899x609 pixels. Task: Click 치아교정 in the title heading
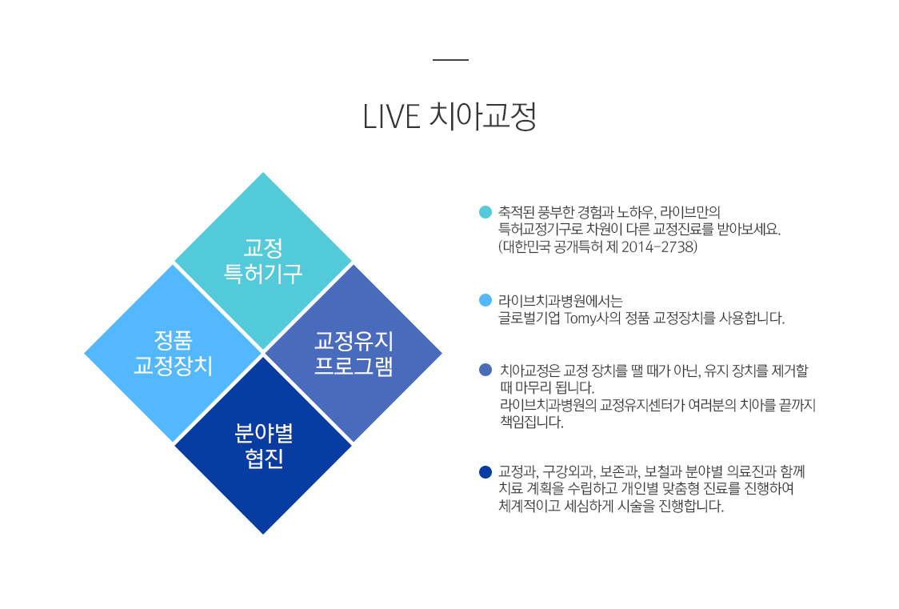pos(483,116)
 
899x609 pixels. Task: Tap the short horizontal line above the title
pos(450,59)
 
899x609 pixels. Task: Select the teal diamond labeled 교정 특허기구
pos(263,261)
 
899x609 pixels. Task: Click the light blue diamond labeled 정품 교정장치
pos(173,353)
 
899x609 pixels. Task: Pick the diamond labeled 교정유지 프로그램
pos(354,353)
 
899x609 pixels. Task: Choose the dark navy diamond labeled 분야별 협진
pos(263,446)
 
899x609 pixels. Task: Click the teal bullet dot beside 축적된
pos(485,212)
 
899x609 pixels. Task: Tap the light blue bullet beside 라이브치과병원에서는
pos(485,300)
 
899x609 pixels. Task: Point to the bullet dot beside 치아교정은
pos(485,370)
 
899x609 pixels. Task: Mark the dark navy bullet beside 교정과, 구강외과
pos(485,472)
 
